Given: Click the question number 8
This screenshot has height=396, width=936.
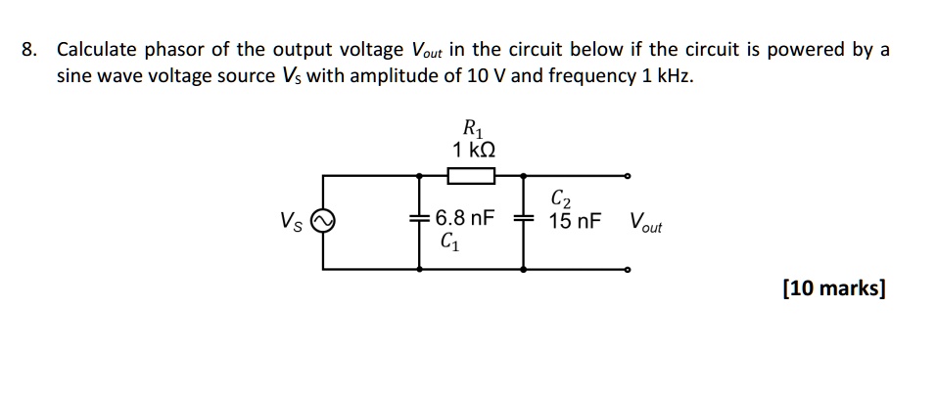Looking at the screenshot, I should pyautogui.click(x=28, y=50).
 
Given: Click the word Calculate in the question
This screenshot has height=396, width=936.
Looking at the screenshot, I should pyautogui.click(x=96, y=50).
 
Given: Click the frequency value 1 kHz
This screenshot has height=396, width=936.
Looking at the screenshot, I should pyautogui.click(x=666, y=76).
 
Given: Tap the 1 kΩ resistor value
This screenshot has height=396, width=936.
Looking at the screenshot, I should pyautogui.click(x=473, y=150).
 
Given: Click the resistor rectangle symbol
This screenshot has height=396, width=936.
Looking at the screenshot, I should pyautogui.click(x=472, y=176).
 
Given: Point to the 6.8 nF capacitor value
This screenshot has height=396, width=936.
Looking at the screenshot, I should pyautogui.click(x=465, y=217).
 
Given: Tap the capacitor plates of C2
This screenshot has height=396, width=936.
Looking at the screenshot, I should pyautogui.click(x=524, y=220).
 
